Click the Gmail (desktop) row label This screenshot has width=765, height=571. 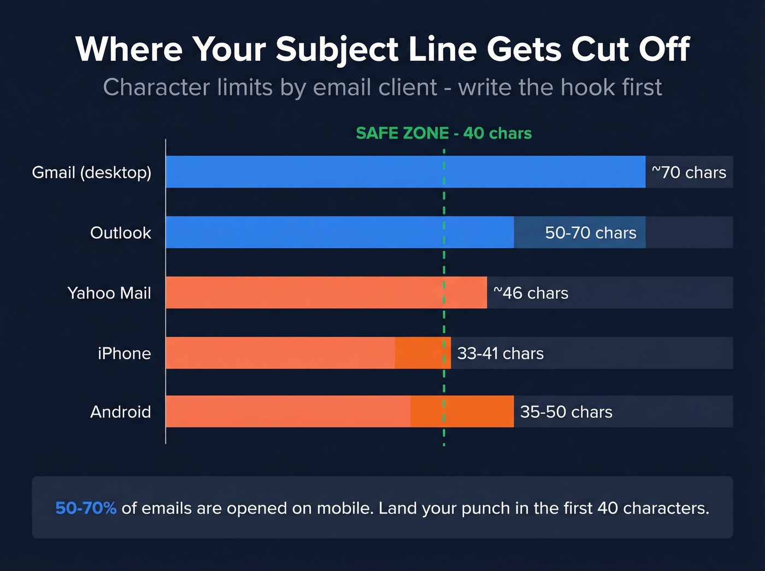[x=91, y=173]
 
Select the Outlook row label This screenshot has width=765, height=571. [x=120, y=233]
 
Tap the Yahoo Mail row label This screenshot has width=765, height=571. [x=109, y=293]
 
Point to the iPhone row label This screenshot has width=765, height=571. [x=124, y=354]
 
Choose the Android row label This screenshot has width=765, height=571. [x=120, y=411]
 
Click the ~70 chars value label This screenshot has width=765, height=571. [x=688, y=173]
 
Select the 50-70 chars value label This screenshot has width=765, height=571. [x=590, y=233]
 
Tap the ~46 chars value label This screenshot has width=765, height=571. [x=531, y=293]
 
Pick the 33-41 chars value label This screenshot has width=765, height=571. [x=500, y=354]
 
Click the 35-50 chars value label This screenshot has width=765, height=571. [x=566, y=411]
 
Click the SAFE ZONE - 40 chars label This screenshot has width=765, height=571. [x=443, y=133]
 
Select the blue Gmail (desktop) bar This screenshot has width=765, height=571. [x=404, y=172]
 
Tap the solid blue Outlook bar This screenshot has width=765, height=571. [x=339, y=232]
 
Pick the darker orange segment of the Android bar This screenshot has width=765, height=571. [x=462, y=411]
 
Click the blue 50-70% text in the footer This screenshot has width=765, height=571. [x=86, y=508]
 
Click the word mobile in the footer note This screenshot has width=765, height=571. [x=344, y=508]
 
